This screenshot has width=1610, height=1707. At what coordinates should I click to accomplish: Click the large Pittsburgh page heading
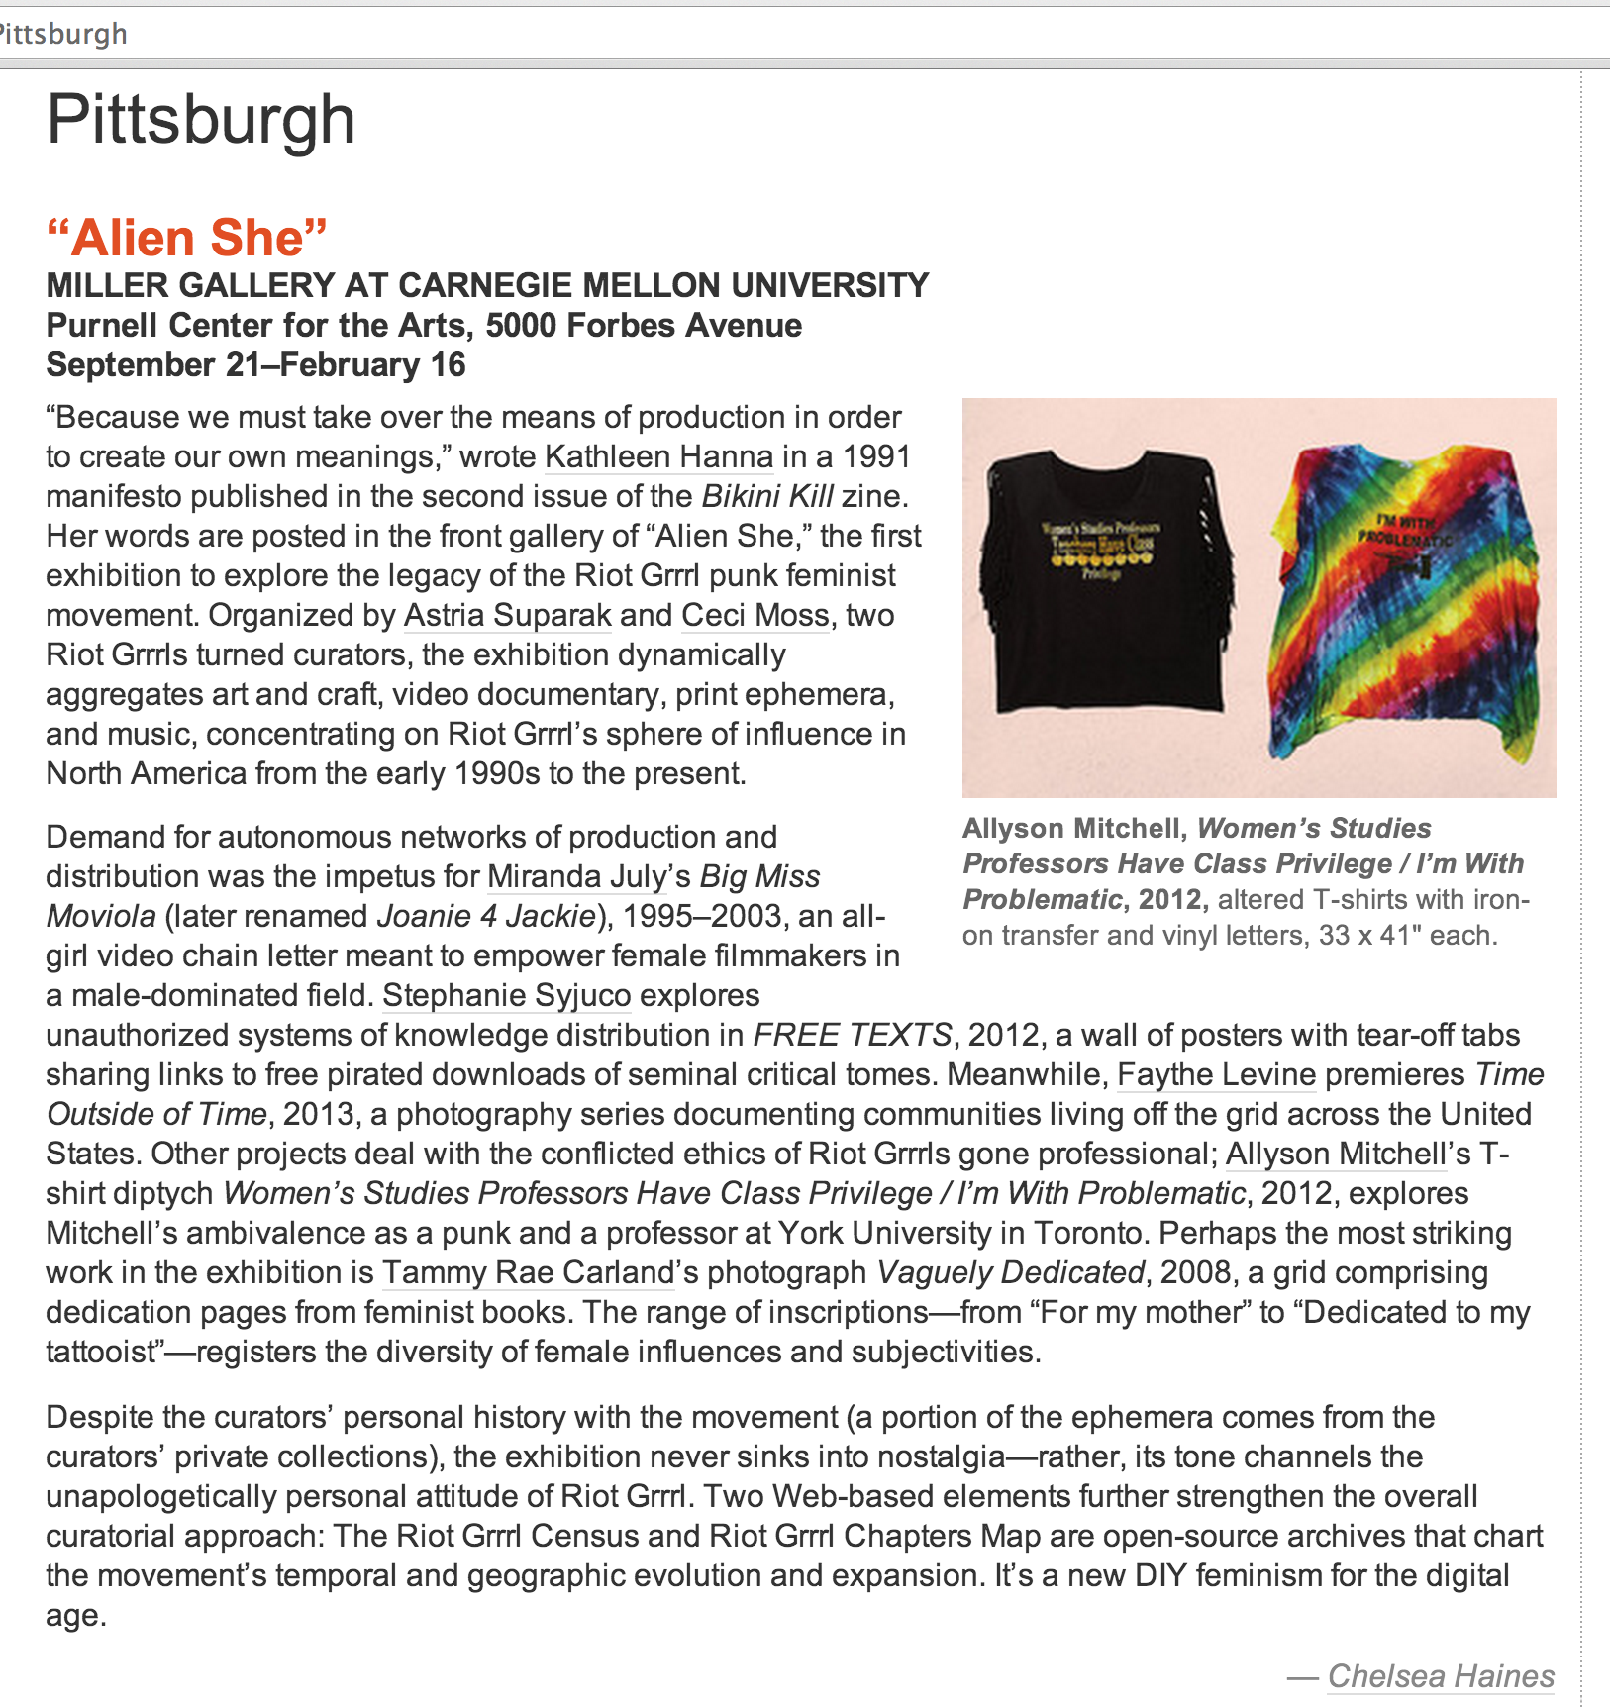(x=201, y=120)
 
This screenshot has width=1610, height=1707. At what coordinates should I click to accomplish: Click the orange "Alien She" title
(x=186, y=238)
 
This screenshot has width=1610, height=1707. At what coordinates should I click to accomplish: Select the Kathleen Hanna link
(x=658, y=456)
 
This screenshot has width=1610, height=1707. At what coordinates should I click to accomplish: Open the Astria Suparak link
(x=507, y=615)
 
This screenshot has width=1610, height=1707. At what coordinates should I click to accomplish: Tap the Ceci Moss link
(x=755, y=615)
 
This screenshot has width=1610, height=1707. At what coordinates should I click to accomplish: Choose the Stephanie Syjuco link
(x=506, y=995)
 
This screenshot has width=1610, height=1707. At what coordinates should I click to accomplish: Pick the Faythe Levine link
(x=1216, y=1074)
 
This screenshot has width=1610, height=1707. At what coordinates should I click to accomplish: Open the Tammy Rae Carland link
(x=527, y=1272)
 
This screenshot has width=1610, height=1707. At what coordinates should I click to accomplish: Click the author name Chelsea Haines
(x=1441, y=1676)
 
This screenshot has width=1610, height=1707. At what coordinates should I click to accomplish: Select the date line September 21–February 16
(x=255, y=364)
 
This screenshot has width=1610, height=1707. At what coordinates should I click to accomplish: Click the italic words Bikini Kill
(x=767, y=496)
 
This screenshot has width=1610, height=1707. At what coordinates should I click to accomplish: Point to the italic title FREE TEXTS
(x=852, y=1035)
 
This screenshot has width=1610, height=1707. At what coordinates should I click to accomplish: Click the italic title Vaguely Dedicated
(x=1010, y=1272)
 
